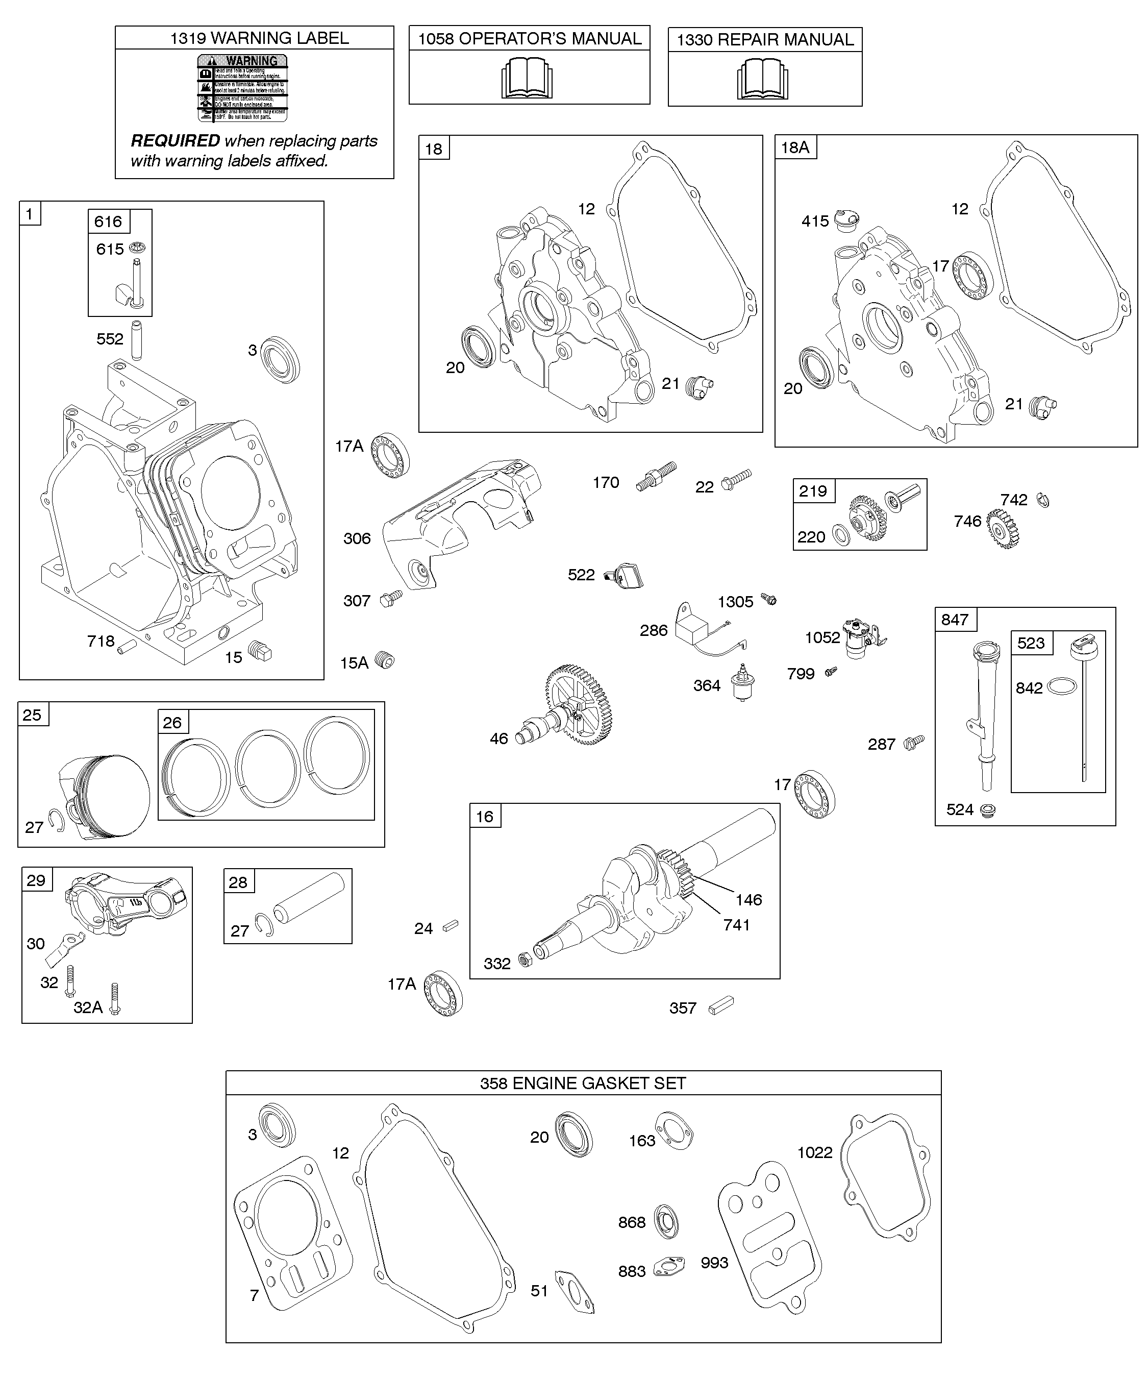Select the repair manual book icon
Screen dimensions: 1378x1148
coord(762,80)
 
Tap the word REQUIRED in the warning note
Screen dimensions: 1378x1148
coord(175,141)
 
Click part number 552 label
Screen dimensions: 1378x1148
coord(110,339)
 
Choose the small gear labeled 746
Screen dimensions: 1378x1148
coord(1002,527)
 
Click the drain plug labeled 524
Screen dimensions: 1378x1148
coord(985,810)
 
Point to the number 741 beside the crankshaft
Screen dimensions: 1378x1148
coord(736,925)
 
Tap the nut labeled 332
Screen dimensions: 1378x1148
coord(525,961)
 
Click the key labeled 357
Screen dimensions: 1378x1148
coord(721,1005)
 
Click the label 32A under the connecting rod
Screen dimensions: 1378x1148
coord(88,1007)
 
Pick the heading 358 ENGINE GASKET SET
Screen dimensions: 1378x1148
coord(583,1084)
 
